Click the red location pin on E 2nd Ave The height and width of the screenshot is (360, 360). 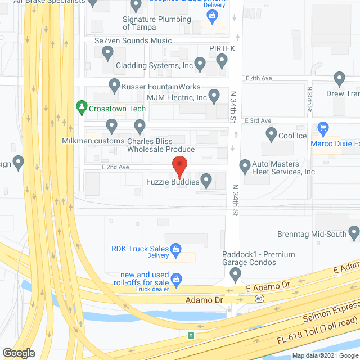(179, 166)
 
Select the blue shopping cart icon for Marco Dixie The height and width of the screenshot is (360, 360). (323, 129)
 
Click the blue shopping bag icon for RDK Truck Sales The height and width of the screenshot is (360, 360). (176, 249)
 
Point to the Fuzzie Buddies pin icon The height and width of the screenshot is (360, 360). (206, 181)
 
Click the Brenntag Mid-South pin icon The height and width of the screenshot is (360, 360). (354, 231)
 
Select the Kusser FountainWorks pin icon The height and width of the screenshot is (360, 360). (114, 85)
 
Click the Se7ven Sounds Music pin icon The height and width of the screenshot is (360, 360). (108, 53)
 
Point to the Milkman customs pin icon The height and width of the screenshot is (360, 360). (111, 125)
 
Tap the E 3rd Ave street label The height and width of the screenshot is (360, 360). (258, 121)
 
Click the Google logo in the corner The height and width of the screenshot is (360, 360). (18, 353)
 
